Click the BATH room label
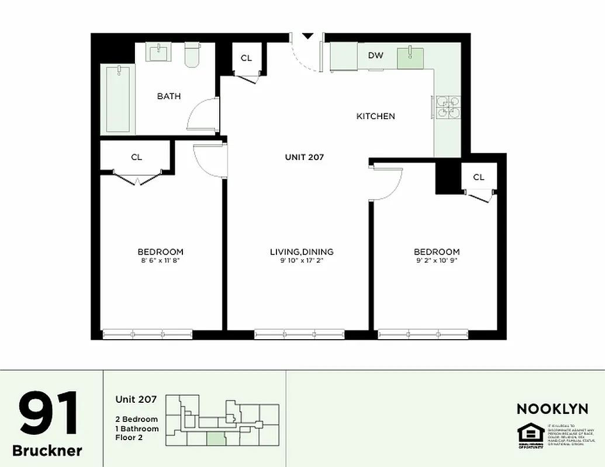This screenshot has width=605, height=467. point(169,96)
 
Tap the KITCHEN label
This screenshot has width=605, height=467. point(376,116)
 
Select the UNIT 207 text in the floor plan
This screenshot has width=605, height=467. point(304,156)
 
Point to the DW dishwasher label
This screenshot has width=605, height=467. point(376,55)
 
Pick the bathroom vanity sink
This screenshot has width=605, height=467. point(158,53)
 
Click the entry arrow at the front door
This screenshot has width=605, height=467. point(307,36)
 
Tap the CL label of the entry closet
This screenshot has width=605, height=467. point(246,58)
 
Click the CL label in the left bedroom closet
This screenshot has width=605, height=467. point(136,157)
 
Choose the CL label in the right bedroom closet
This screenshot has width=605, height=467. point(479,177)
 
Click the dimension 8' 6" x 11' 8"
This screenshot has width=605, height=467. point(160,261)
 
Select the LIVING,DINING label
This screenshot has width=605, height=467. point(302,252)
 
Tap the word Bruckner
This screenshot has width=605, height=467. point(47,450)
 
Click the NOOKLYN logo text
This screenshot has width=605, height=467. point(552,409)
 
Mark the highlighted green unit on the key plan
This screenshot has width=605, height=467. point(216,438)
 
